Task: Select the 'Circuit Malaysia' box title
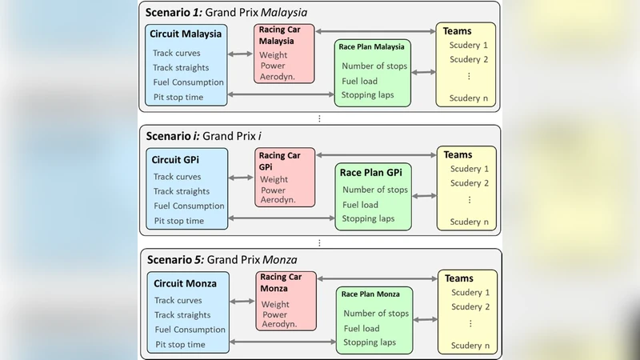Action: coord(186,34)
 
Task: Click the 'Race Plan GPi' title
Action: coord(372,172)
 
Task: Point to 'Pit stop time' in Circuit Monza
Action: coord(179,345)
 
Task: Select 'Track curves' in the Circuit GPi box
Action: coord(178,177)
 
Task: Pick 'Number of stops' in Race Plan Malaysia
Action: coord(374,66)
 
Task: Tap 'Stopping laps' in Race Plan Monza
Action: coord(369,342)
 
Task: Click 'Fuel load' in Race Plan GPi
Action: coord(361,204)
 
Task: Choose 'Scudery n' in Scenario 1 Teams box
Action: coord(469,98)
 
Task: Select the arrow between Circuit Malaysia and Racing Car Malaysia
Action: coord(240,54)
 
